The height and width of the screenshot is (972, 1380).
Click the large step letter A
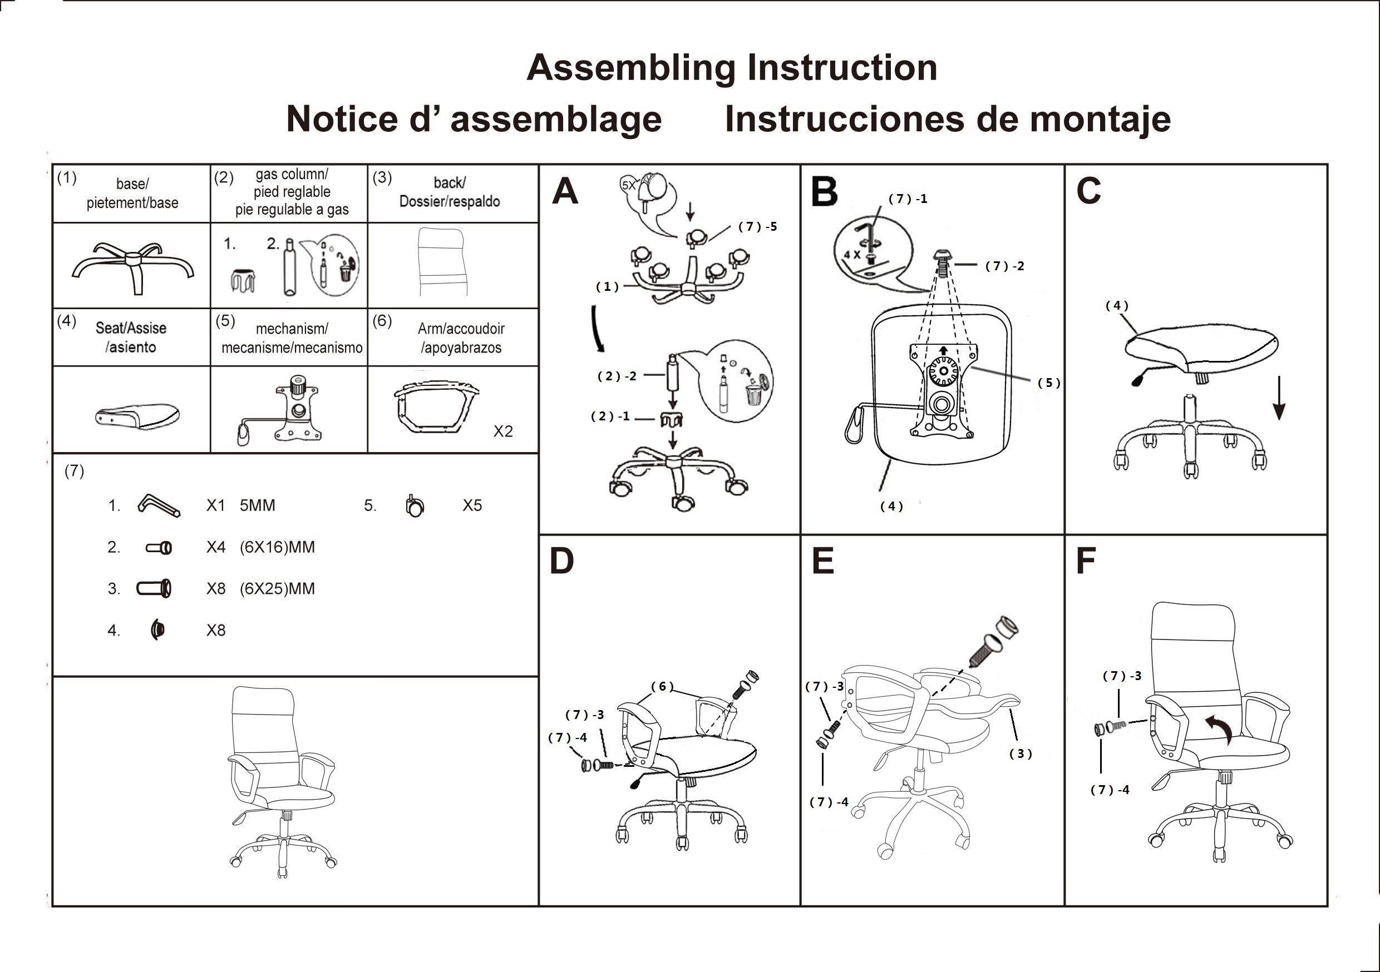565,192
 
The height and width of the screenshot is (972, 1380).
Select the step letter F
1086,561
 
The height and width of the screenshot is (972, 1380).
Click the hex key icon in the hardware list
158,505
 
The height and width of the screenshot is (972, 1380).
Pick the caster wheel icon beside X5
414,507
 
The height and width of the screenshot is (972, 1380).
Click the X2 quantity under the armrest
502,432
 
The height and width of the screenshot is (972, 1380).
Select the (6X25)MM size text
277,589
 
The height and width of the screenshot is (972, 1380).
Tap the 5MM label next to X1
257,505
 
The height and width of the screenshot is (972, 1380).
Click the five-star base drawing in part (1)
134,267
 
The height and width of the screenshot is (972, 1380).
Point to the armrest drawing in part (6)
435,406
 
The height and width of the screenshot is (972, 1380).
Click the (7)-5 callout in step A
757,226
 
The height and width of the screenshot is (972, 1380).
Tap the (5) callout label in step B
1049,383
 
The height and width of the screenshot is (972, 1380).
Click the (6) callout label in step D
662,686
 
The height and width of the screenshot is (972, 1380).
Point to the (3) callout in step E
1020,753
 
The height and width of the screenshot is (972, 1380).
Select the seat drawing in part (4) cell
137,416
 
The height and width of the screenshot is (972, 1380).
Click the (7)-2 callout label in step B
1004,266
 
